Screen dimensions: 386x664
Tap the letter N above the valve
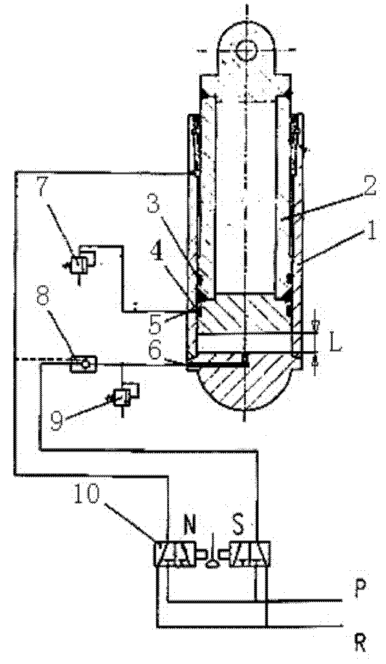point(189,526)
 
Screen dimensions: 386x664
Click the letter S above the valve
point(237,526)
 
